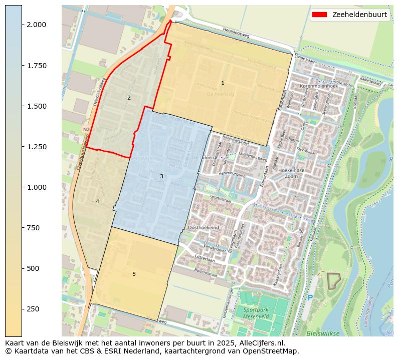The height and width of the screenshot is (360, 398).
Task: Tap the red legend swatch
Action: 319,15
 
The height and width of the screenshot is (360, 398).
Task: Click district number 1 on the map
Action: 223,83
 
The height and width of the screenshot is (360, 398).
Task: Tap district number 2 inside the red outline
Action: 129,98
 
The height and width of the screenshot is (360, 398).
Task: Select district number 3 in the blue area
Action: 161,176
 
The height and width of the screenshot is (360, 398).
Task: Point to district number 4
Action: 97,201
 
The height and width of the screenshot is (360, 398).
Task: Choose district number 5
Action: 134,274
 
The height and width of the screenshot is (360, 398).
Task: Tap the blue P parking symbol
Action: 310,298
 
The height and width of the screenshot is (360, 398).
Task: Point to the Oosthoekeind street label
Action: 203,227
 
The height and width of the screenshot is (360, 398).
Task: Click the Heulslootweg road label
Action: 236,32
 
